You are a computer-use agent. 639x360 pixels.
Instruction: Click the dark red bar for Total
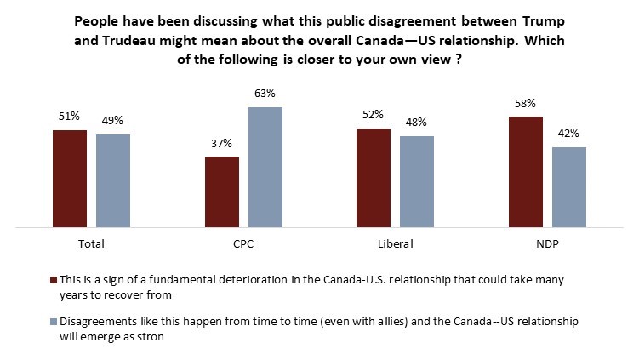(x=70, y=179)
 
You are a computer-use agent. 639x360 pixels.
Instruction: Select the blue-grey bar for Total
(x=113, y=181)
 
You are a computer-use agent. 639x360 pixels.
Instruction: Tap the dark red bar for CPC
(x=221, y=191)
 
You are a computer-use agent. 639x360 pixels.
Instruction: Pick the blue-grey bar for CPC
(x=265, y=168)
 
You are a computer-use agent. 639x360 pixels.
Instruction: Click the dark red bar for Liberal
(x=374, y=178)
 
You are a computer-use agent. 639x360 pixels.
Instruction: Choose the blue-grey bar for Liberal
(x=417, y=182)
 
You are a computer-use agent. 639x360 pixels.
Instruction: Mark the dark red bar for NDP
(x=525, y=172)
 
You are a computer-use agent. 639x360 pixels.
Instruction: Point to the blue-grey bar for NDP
(x=568, y=187)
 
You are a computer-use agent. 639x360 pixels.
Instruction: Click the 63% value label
(x=265, y=94)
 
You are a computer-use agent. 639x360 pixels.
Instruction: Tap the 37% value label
(x=221, y=142)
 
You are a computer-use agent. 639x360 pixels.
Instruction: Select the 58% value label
(x=525, y=104)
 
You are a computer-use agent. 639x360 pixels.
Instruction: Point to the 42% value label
(x=568, y=134)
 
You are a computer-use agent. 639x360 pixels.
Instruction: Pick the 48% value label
(x=417, y=123)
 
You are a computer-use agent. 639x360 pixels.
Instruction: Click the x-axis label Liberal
(x=396, y=243)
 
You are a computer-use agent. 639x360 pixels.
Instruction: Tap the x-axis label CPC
(x=243, y=243)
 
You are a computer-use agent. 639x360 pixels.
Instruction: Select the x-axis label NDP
(x=547, y=243)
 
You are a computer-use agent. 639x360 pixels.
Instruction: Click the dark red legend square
(x=54, y=279)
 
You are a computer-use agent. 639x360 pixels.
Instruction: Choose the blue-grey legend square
(x=54, y=322)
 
